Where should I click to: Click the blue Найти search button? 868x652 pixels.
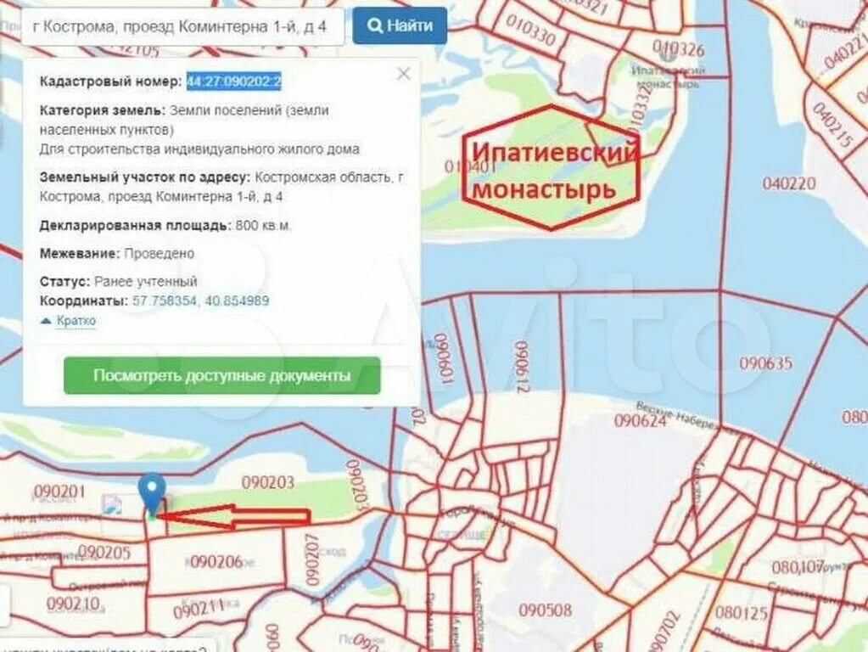click(x=399, y=25)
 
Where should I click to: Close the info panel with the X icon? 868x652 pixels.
click(x=404, y=74)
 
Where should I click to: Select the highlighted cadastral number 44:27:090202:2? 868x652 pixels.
click(x=234, y=81)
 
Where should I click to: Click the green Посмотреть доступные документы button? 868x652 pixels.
click(x=221, y=375)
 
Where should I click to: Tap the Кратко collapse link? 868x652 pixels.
click(x=76, y=321)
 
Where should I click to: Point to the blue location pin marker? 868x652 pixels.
click(x=152, y=491)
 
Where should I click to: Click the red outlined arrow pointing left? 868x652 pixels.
click(x=233, y=516)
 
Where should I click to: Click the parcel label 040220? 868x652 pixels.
click(x=788, y=183)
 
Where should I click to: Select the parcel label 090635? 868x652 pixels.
click(x=765, y=363)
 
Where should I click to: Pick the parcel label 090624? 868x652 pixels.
click(x=640, y=420)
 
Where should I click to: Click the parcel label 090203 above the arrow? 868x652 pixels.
click(x=267, y=483)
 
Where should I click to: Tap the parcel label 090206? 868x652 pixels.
click(x=216, y=561)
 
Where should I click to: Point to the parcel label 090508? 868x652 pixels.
click(x=545, y=610)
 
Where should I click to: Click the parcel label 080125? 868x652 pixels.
click(x=741, y=612)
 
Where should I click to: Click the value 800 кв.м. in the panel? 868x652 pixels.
click(x=263, y=226)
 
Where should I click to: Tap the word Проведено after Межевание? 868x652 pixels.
click(x=159, y=253)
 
